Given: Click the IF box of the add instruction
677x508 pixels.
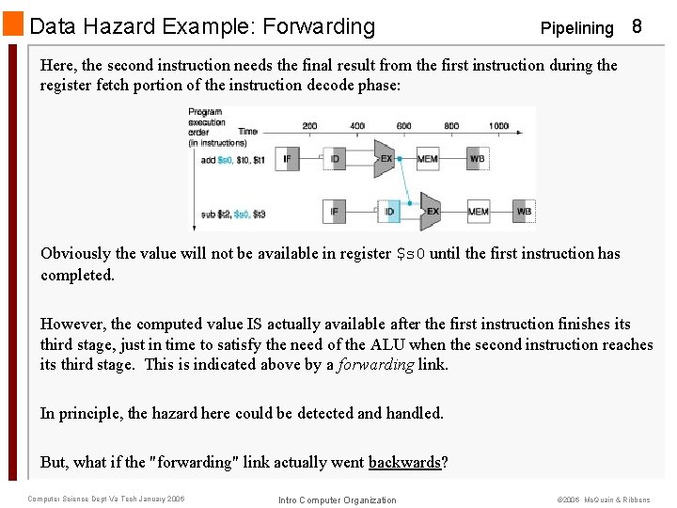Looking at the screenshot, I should click(287, 159).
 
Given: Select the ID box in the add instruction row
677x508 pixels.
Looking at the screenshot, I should click(336, 159).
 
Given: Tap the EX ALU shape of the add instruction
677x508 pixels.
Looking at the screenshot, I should click(384, 159).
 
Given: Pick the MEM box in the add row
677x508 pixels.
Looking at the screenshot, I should click(427, 159).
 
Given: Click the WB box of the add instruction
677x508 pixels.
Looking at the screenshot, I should click(477, 159).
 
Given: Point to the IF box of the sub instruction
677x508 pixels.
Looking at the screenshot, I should click(334, 212).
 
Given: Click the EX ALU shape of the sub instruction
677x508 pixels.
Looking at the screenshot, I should click(431, 212).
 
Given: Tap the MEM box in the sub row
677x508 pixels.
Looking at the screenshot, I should click(478, 212).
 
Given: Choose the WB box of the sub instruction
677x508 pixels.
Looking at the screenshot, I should click(524, 212).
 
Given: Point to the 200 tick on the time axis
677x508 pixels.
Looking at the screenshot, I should click(309, 125).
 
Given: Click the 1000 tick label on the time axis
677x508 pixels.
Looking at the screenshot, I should click(498, 125).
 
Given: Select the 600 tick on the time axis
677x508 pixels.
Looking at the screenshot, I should click(403, 125).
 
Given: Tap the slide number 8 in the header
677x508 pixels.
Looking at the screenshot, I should click(637, 26).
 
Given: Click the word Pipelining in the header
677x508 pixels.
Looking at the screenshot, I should click(576, 28).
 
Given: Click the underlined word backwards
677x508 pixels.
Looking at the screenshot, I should click(403, 462).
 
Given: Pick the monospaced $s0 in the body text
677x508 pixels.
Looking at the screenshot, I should click(411, 254).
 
